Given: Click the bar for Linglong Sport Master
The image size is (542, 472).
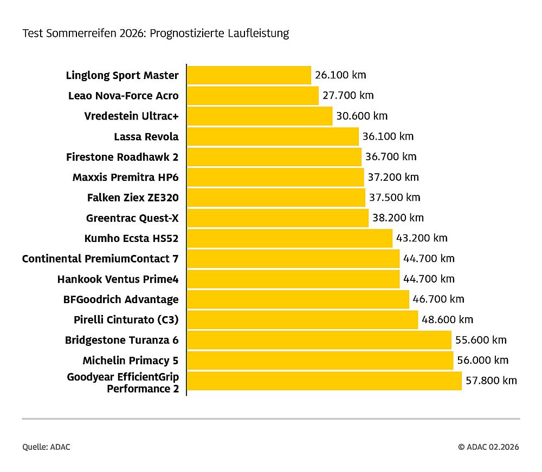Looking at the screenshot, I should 249,75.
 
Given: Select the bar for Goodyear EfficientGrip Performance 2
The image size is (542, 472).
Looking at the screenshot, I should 324,381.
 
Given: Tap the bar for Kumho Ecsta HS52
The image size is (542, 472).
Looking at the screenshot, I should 289,238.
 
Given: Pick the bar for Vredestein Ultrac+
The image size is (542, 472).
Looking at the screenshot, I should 260,116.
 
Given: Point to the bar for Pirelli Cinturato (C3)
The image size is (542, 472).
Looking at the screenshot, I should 302,319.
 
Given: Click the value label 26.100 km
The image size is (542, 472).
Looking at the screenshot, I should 340,75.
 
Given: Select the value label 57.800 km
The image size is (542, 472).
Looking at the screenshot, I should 491,381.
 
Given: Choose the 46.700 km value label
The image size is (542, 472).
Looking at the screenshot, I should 438,299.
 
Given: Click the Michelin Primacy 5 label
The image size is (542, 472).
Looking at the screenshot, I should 130,360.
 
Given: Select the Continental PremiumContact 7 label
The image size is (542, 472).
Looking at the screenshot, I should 100,259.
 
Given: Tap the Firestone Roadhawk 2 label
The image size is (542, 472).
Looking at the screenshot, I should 122,157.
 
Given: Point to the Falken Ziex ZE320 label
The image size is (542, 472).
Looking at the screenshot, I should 132,198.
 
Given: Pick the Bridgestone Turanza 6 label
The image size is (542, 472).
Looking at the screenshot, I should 121,340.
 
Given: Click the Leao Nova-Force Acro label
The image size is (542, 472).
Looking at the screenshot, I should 123,96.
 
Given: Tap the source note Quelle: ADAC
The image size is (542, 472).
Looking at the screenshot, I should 46,447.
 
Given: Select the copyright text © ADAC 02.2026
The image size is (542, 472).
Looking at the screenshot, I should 488,447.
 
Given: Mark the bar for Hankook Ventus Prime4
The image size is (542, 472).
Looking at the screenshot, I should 293,279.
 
